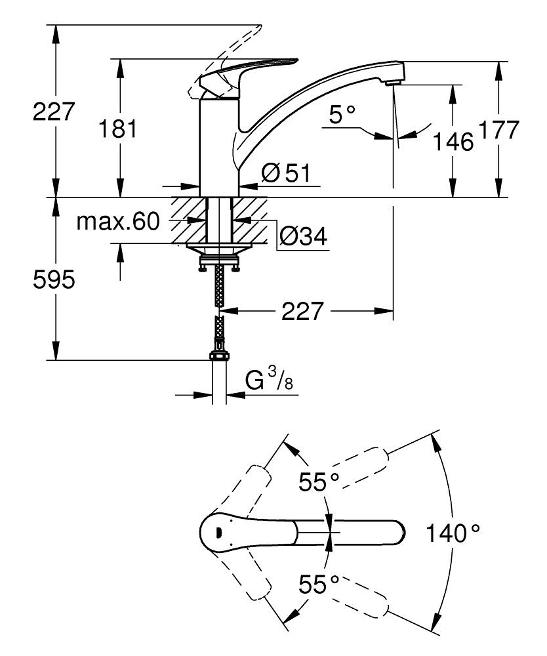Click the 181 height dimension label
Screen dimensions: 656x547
118,129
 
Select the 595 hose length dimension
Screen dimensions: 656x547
54,280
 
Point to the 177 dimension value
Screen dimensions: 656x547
499,130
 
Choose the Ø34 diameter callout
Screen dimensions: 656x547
302,236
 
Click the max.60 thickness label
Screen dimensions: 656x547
119,222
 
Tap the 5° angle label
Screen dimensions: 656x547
342,115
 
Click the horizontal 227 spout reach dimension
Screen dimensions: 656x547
303,312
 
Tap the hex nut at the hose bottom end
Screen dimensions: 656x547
219,357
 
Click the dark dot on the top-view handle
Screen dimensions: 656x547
219,532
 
